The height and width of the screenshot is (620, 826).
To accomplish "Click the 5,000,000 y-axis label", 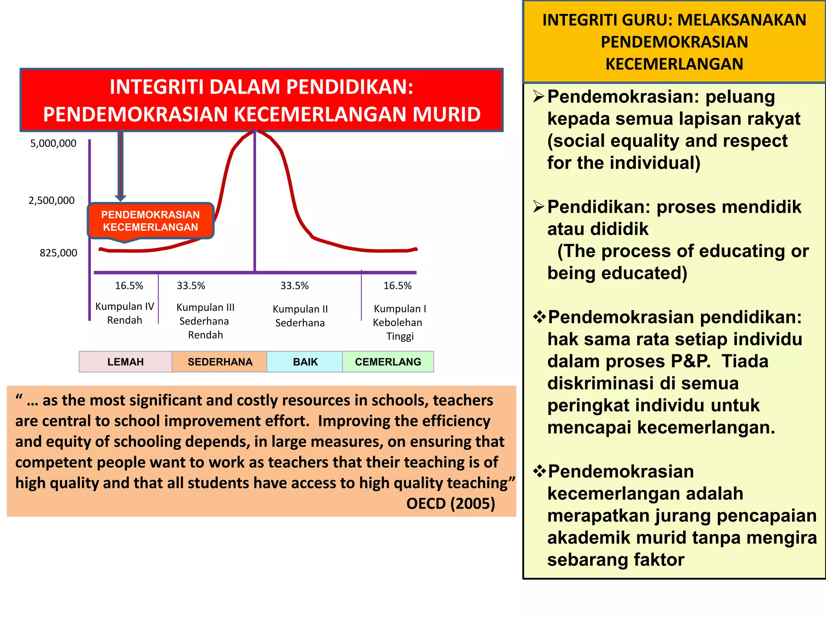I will pos(53,143).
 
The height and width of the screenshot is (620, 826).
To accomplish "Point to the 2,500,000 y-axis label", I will pos(52,201).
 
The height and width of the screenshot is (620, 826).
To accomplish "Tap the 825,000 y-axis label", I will pos(58,253).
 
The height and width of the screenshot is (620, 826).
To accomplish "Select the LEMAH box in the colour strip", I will pos(125,362).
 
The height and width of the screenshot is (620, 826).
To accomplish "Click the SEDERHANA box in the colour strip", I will pos(220,362).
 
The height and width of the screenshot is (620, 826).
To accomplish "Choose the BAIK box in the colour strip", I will pos(305,362).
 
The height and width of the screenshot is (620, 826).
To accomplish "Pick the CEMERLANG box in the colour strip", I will pos(388,362).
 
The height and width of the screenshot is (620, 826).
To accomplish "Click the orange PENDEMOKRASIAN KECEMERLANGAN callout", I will pos(150,221).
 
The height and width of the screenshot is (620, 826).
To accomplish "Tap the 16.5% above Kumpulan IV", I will pos(129,286).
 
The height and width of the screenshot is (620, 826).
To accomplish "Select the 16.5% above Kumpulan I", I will pos(398,286).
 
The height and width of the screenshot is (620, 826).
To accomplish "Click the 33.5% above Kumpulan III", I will pos(191,286).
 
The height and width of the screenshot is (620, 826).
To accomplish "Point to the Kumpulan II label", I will pos(300,309).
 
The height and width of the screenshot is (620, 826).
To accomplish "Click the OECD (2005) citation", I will pos(451,503).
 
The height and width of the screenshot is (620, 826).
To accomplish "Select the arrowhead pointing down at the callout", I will pos(120,198).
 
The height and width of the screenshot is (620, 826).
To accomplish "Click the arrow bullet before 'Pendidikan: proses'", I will pos(538,207).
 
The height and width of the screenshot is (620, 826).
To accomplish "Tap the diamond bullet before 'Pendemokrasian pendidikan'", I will pos(539,317).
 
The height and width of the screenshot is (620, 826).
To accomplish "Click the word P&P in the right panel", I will pos(690,361).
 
